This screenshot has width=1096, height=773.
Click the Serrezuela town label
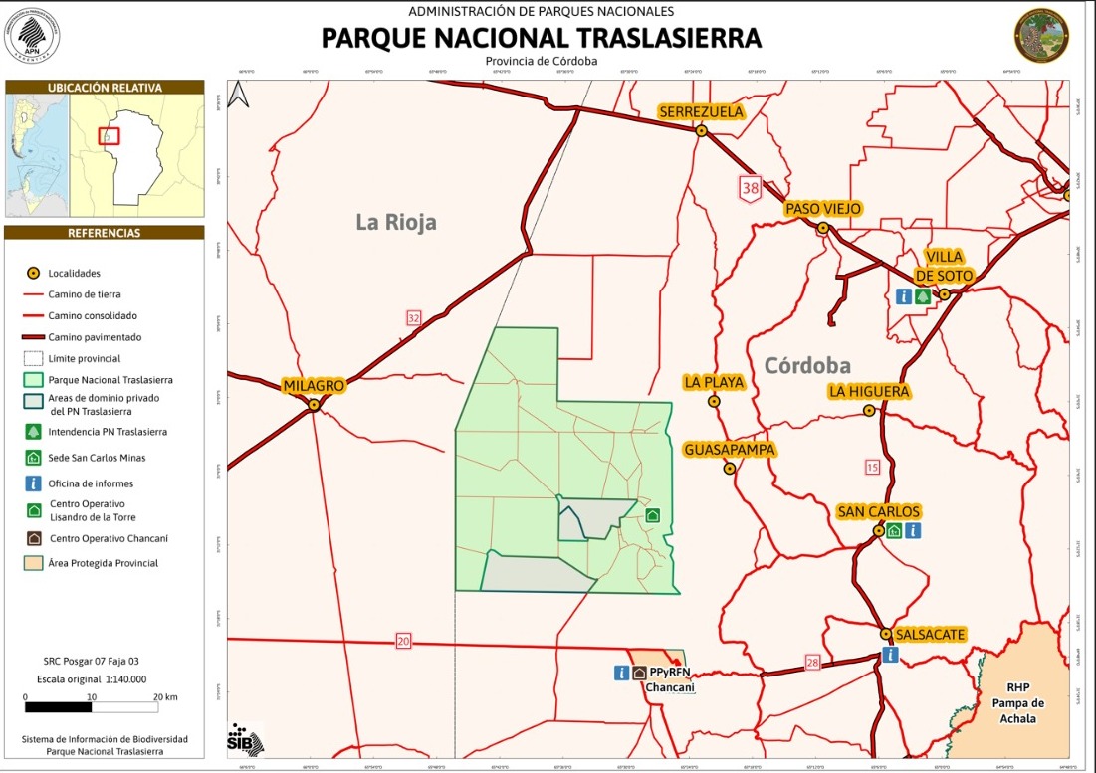point(701,112)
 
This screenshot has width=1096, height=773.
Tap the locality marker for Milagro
point(314,405)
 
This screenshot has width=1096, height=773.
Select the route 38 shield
point(750,186)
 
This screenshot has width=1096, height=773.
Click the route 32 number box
point(414,317)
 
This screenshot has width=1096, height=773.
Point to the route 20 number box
point(403,642)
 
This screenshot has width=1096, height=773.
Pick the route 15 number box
point(873,466)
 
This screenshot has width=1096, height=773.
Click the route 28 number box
point(812,663)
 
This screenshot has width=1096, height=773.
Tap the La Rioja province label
point(396,222)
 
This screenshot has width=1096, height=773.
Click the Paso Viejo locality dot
point(823,228)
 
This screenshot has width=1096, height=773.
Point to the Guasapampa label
point(730,450)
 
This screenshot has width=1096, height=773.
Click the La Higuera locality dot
point(869,410)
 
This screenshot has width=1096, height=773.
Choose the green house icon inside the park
point(653,515)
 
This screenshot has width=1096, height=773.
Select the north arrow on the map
point(239,94)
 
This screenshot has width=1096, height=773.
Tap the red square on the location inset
point(109,136)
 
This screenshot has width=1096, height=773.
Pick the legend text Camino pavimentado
point(96,337)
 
